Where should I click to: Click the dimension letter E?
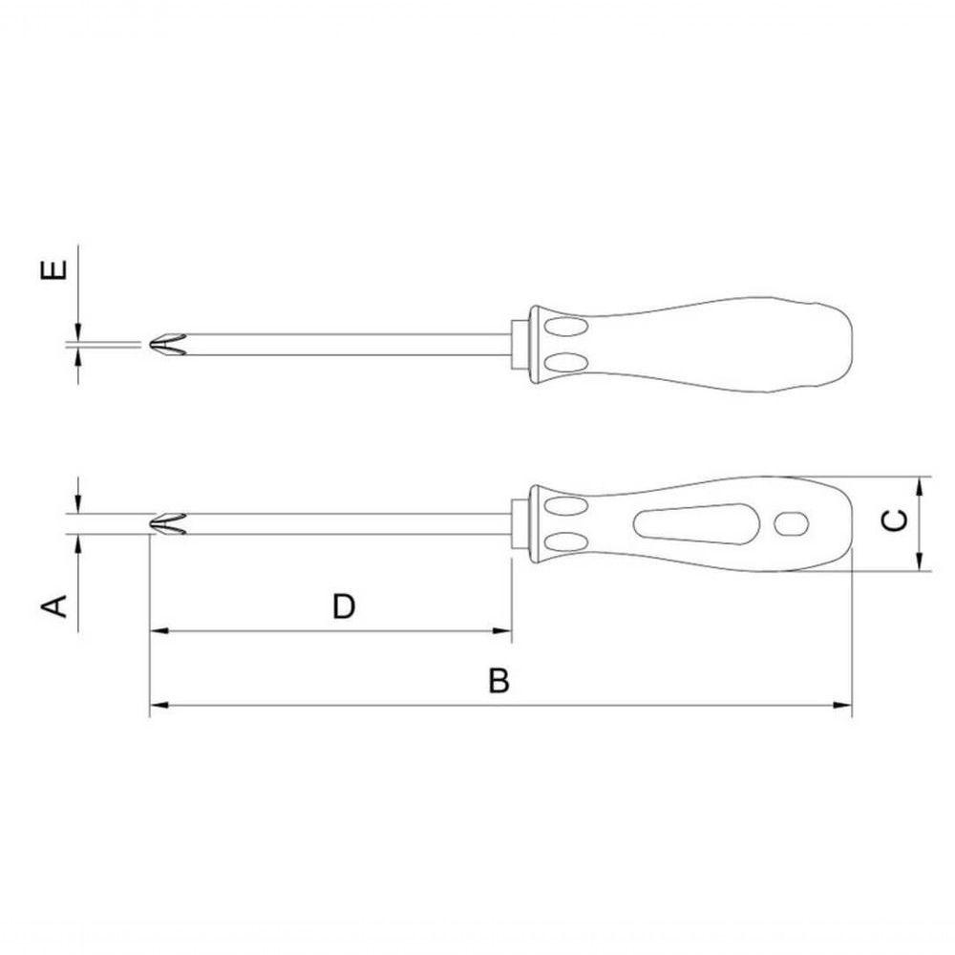click(x=53, y=269)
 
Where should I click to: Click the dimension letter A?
click(x=53, y=606)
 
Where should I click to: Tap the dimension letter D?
click(x=344, y=606)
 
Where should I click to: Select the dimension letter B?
click(x=499, y=681)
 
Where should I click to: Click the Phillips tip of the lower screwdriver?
click(x=167, y=524)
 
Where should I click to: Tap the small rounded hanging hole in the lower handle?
click(x=791, y=523)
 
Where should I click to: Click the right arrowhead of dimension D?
click(x=502, y=631)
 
